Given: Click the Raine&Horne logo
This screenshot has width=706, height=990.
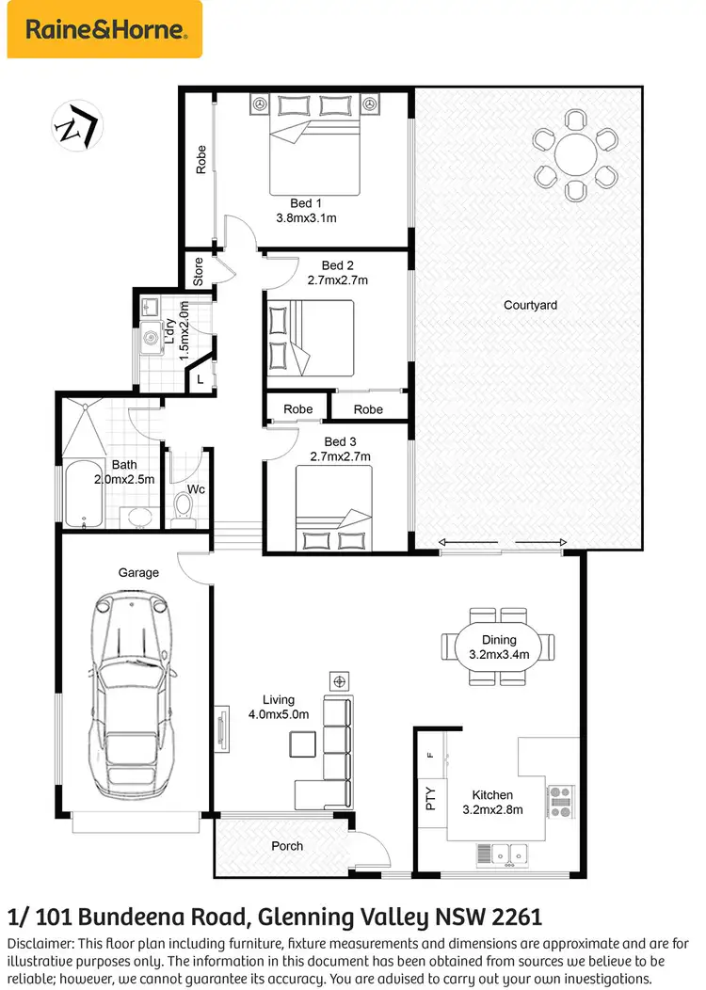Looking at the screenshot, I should point(105,30).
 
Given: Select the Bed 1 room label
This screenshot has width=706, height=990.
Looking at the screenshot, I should point(301,203).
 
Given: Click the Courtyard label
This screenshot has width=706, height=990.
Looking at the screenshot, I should point(531,305).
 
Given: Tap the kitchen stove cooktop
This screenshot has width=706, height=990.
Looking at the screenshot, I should point(561,801).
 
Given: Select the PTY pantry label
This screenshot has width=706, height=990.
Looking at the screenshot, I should point(431,799).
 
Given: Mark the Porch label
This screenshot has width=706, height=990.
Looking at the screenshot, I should point(287,846).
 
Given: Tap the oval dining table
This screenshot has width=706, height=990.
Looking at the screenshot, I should point(498,647).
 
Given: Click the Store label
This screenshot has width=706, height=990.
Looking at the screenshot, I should point(199,271).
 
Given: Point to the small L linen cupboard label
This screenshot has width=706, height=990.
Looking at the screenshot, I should point(200,379).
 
